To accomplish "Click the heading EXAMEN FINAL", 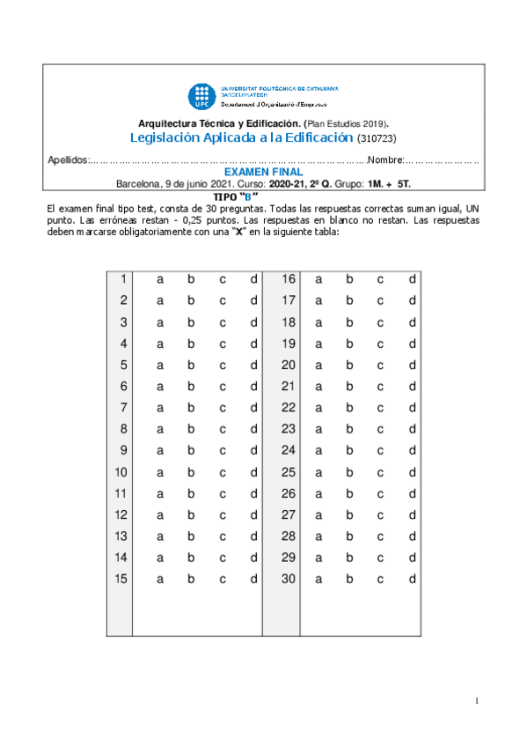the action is pyautogui.click(x=263, y=173).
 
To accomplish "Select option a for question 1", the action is pyautogui.click(x=160, y=279).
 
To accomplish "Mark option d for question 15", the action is pyautogui.click(x=253, y=580).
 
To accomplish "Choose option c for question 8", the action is pyautogui.click(x=223, y=430).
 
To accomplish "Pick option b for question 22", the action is pyautogui.click(x=349, y=408).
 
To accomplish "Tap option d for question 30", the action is pyautogui.click(x=412, y=580).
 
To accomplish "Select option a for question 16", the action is pyautogui.click(x=318, y=279).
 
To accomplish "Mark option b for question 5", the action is pyautogui.click(x=191, y=366).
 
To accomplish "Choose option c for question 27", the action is pyautogui.click(x=381, y=515).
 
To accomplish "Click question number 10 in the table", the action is pyautogui.click(x=121, y=472).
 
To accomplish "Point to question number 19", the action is pyautogui.click(x=288, y=344).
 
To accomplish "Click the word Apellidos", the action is pyautogui.click(x=67, y=160).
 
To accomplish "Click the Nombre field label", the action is pyautogui.click(x=384, y=160).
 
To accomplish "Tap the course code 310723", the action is pyautogui.click(x=378, y=139).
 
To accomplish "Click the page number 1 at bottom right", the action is pyautogui.click(x=476, y=701).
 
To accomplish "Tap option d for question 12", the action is pyautogui.click(x=253, y=515).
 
